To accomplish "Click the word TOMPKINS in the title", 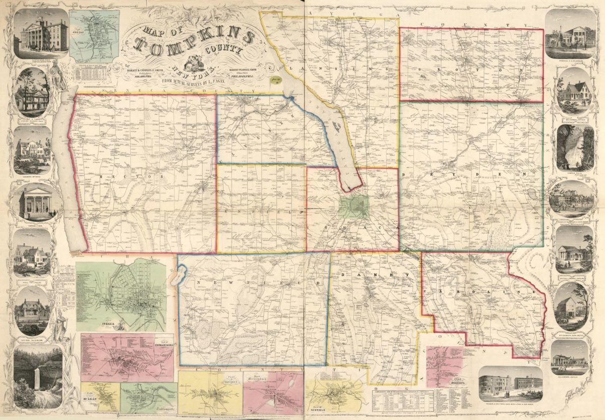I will point(194,44).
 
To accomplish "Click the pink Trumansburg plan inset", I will point(127,357).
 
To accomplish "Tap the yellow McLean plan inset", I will point(100,397).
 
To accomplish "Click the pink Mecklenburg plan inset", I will point(273,393).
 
